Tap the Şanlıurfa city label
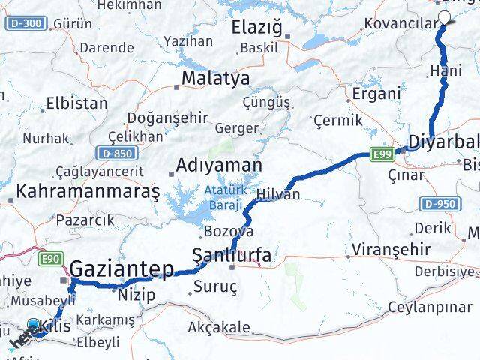click(x=232, y=257)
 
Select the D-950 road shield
click(x=439, y=203)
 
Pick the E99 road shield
click(x=382, y=154)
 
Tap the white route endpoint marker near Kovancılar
click(x=445, y=18)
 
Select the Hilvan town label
click(x=278, y=194)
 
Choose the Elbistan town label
click(x=76, y=103)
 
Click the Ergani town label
click(x=374, y=94)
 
